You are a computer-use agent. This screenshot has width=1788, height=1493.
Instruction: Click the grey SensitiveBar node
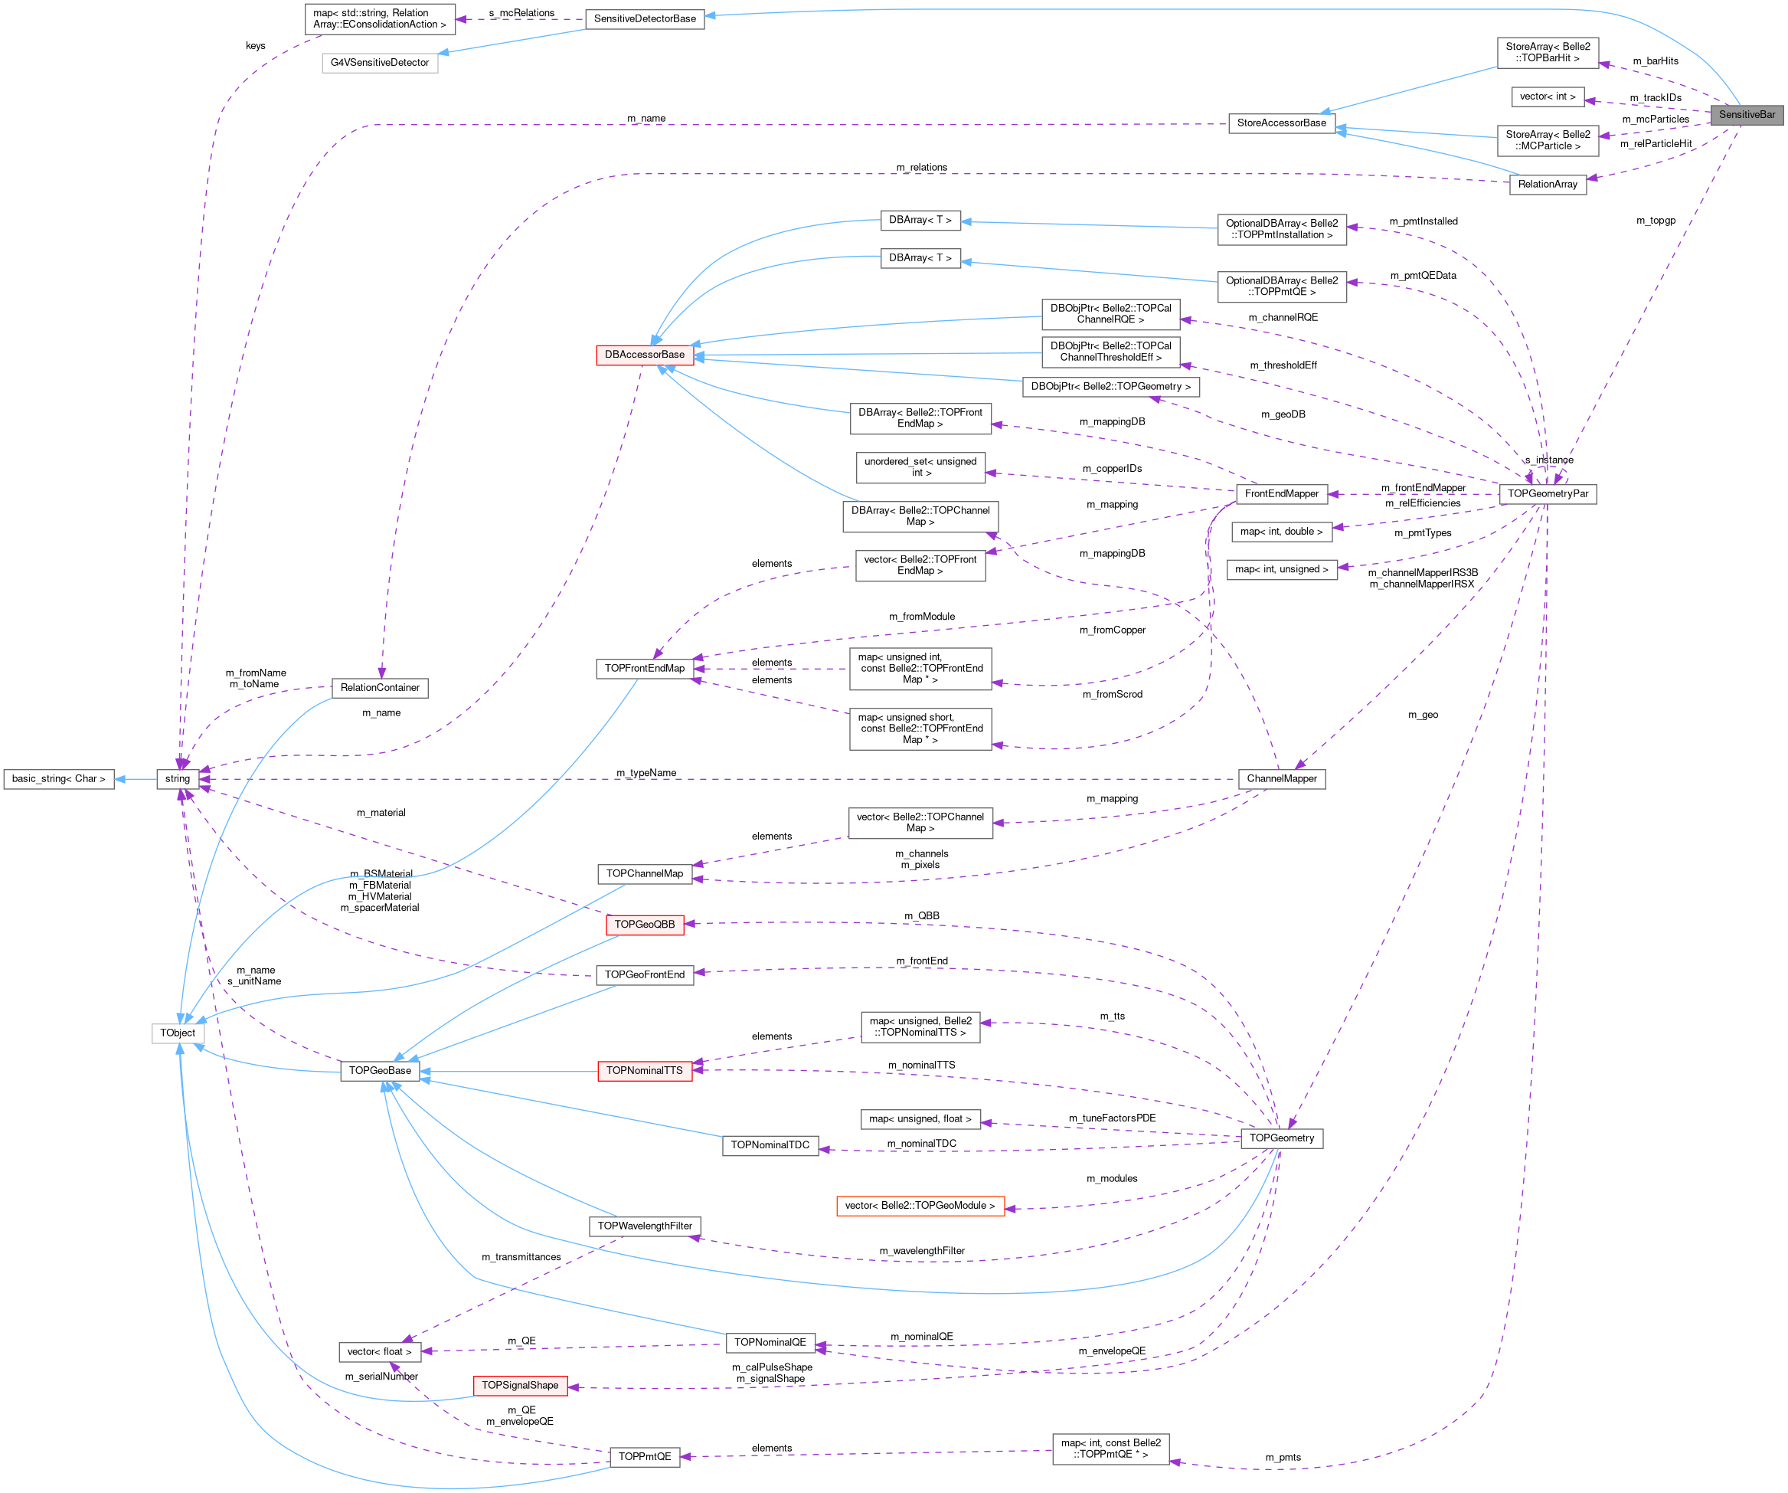click(1747, 115)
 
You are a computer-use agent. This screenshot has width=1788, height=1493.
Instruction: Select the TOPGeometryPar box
click(1547, 494)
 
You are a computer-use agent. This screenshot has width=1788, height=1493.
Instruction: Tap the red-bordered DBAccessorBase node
click(645, 355)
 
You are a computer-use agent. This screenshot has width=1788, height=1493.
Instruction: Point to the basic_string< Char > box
click(59, 779)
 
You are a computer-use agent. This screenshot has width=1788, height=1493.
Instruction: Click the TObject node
click(178, 1033)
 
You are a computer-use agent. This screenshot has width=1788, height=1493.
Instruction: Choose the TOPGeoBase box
click(380, 1071)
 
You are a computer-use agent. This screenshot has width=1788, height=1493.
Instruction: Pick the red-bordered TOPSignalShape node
click(520, 1386)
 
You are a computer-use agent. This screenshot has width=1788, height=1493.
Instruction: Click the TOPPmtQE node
click(645, 1457)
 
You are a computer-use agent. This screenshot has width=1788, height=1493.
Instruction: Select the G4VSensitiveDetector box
click(380, 63)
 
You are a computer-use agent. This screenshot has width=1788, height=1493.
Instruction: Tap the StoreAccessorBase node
click(1281, 123)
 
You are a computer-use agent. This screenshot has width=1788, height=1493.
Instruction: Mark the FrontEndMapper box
click(1281, 494)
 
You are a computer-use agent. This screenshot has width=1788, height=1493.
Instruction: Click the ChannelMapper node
click(1281, 779)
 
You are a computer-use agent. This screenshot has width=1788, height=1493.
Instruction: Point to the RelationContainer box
click(380, 688)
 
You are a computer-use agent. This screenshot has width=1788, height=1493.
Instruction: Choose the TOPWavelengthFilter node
click(645, 1226)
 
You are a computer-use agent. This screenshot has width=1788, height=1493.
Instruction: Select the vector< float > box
click(380, 1353)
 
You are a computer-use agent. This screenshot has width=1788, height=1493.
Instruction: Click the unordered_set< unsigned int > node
click(920, 467)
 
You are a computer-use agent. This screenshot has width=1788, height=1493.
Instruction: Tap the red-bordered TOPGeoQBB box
click(645, 925)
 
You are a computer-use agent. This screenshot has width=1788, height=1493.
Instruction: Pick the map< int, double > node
click(1281, 532)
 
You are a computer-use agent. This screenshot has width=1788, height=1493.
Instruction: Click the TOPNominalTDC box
click(770, 1145)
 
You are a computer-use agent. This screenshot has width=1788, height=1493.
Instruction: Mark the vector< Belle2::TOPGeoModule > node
click(920, 1206)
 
